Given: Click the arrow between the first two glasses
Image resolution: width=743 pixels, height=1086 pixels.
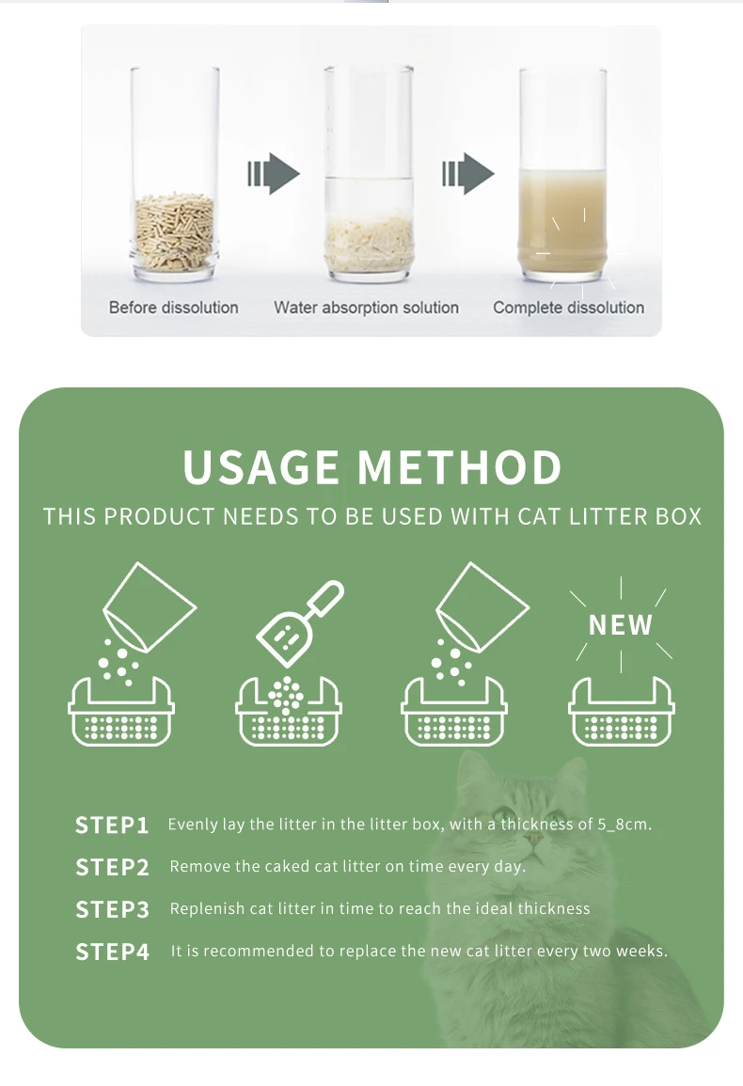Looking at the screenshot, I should (x=273, y=174).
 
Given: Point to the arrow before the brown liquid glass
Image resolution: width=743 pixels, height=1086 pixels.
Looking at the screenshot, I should (x=467, y=174).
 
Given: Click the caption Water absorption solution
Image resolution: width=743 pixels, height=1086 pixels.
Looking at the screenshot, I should (x=366, y=307).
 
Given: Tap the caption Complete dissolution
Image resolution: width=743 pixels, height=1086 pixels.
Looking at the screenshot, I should (x=568, y=307).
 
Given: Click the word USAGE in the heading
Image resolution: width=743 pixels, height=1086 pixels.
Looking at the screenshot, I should (x=261, y=468).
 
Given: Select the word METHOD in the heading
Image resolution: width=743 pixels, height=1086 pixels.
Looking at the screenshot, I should (x=460, y=468).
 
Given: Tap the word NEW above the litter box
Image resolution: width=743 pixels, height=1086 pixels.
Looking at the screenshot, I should (x=621, y=625).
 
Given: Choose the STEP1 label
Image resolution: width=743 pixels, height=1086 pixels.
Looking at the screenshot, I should (x=112, y=826).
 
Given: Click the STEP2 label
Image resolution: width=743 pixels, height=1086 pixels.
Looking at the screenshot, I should (x=112, y=868).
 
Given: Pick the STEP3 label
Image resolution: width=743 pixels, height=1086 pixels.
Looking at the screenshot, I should (x=112, y=909).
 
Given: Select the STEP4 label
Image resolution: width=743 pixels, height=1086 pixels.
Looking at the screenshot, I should (x=112, y=952).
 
